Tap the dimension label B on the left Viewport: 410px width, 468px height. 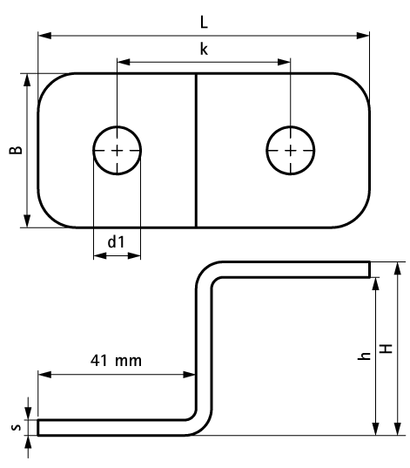(x=15, y=150)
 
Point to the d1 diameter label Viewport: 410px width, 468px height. (x=116, y=241)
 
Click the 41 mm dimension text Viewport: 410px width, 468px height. (x=116, y=359)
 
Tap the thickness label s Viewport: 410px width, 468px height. (x=15, y=427)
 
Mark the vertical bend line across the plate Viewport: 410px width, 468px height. (x=196, y=150)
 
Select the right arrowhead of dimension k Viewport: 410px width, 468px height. (x=285, y=62)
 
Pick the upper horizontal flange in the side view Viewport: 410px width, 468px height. (x=296, y=268)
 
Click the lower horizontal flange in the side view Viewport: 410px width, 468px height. (x=113, y=426)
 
